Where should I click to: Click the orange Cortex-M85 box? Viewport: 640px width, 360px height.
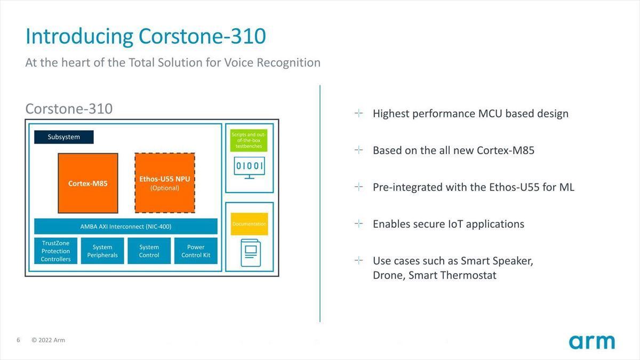pyautogui.click(x=88, y=183)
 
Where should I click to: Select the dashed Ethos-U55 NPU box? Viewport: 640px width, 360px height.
pyautogui.click(x=165, y=183)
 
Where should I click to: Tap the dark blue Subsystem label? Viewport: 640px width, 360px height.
pyautogui.click(x=63, y=137)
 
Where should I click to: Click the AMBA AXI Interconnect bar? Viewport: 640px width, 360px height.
pyautogui.click(x=126, y=226)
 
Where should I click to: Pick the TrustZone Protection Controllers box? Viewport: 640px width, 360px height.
pyautogui.click(x=55, y=251)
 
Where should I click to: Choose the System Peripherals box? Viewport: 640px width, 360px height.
pyautogui.click(x=102, y=251)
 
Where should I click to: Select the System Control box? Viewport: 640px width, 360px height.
pyautogui.click(x=149, y=251)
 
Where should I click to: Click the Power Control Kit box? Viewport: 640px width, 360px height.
pyautogui.click(x=196, y=251)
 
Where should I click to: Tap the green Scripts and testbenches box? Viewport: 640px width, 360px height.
pyautogui.click(x=249, y=140)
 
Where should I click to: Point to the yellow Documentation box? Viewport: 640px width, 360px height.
pyautogui.click(x=249, y=224)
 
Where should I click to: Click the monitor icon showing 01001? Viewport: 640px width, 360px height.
pyautogui.click(x=249, y=167)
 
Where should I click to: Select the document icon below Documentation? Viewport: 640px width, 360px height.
pyautogui.click(x=251, y=253)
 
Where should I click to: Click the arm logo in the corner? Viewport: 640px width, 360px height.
pyautogui.click(x=591, y=342)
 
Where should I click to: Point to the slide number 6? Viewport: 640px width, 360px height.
pyautogui.click(x=18, y=340)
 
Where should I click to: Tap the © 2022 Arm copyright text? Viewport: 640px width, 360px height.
pyautogui.click(x=49, y=340)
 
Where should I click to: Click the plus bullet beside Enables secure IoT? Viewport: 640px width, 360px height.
pyautogui.click(x=358, y=223)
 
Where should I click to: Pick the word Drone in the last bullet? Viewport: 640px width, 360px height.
pyautogui.click(x=389, y=275)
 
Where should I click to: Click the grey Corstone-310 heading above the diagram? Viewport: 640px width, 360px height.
pyautogui.click(x=69, y=109)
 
